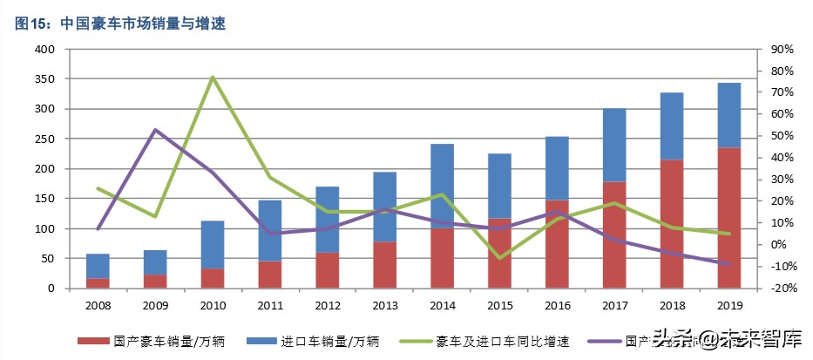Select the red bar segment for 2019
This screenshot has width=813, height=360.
click(x=728, y=218)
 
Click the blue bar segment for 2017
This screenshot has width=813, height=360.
click(x=614, y=145)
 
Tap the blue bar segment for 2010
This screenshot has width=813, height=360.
click(x=213, y=244)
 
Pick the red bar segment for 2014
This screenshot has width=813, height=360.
click(x=442, y=258)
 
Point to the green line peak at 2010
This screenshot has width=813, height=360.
click(x=213, y=78)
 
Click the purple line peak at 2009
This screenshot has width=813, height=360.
click(x=155, y=130)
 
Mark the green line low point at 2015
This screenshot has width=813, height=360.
click(x=499, y=258)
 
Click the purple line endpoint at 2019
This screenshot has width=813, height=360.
click(x=728, y=263)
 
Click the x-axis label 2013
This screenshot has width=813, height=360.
click(x=384, y=305)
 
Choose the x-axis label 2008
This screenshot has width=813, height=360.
click(x=98, y=305)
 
